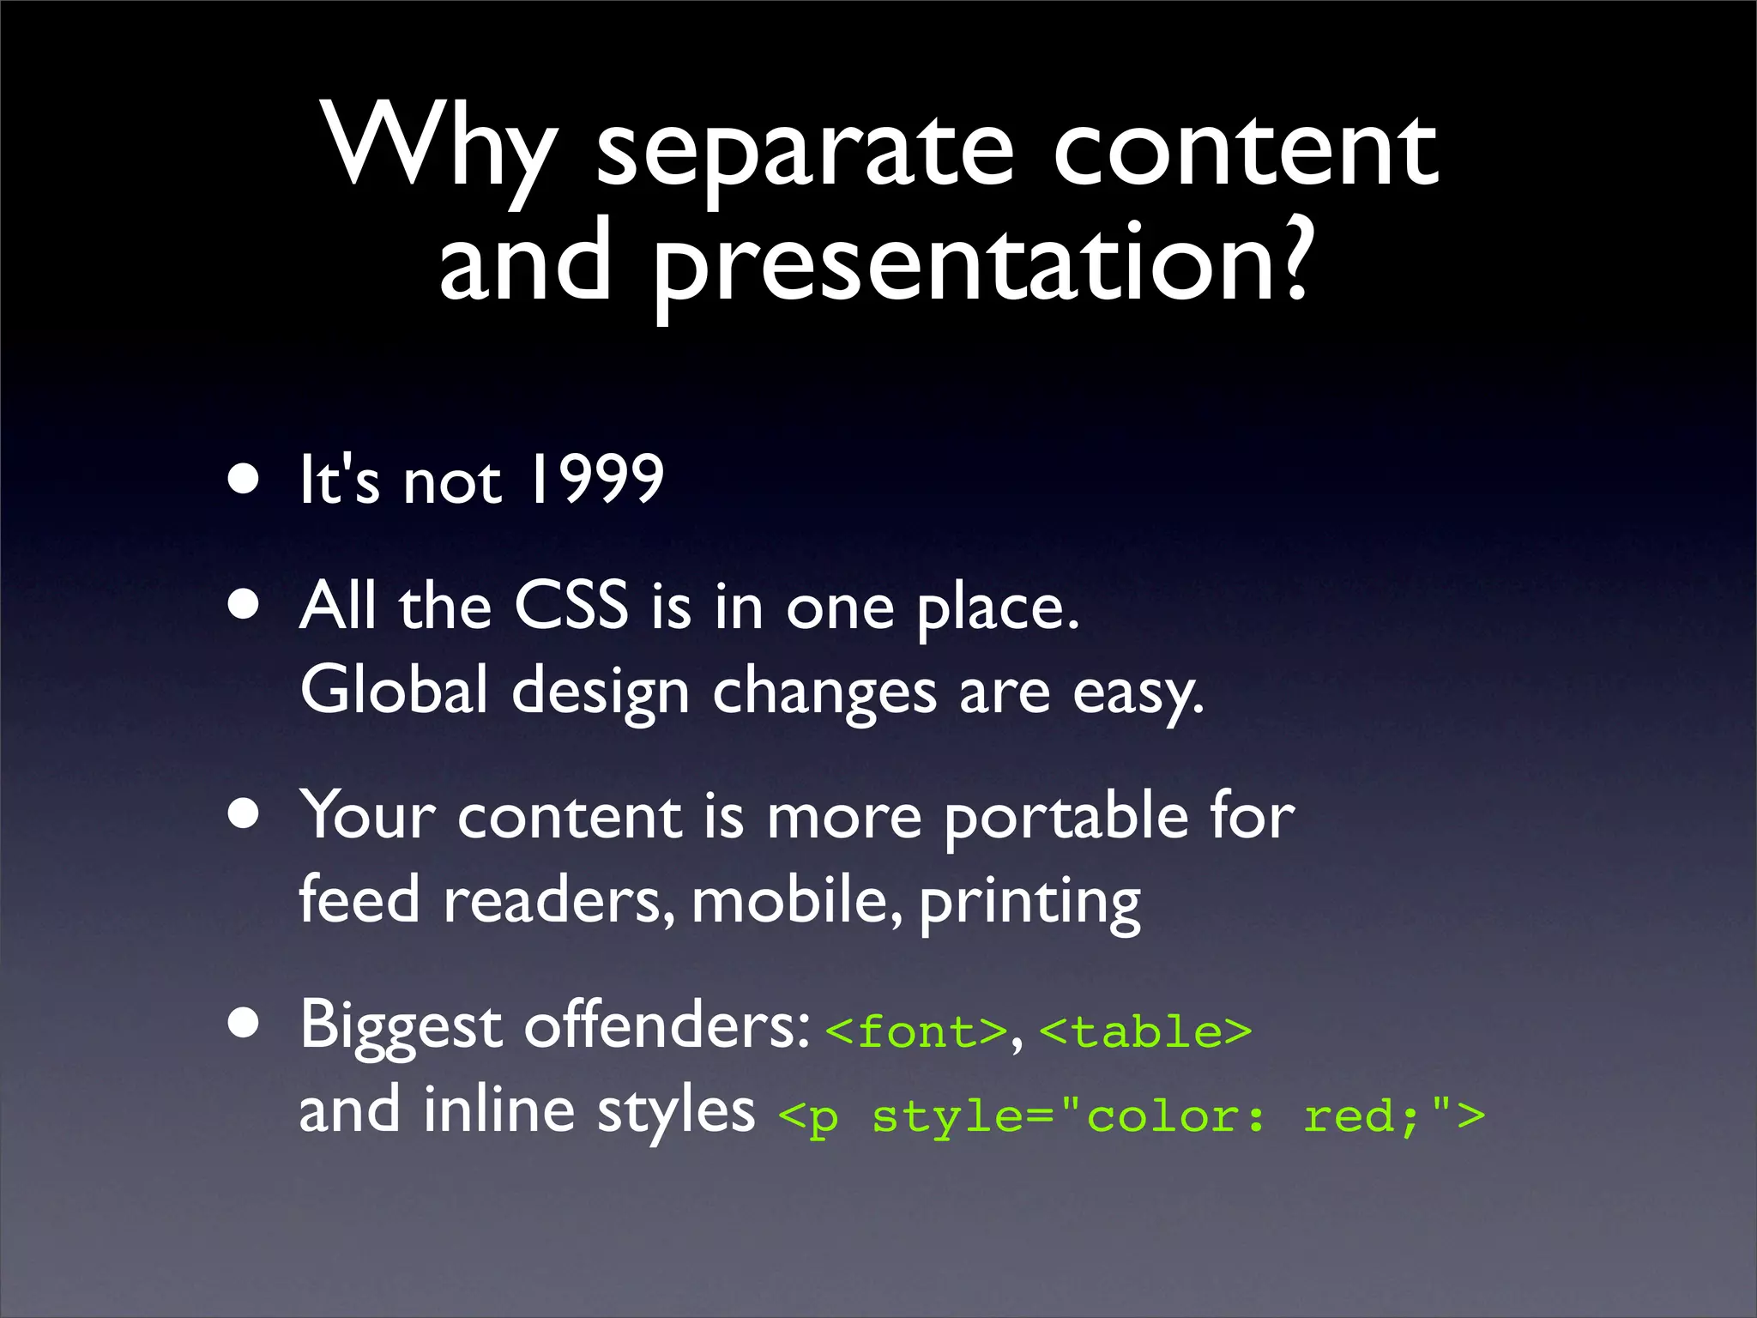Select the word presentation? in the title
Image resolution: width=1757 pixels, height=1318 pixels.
[x=982, y=266]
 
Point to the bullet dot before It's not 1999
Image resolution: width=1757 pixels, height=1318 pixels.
[x=245, y=480]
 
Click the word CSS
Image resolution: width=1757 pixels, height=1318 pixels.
[x=571, y=606]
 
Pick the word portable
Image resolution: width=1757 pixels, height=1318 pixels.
[x=1066, y=817]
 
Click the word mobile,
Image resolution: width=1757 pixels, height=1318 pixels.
[x=797, y=900]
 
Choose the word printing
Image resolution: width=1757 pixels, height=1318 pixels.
[x=1029, y=903]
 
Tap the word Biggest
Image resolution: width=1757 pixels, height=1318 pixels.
[x=401, y=1026]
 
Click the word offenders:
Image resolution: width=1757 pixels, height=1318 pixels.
[x=667, y=1025]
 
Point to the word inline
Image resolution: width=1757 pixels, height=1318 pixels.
[x=498, y=1110]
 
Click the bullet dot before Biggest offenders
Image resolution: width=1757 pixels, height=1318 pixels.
[x=245, y=1023]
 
